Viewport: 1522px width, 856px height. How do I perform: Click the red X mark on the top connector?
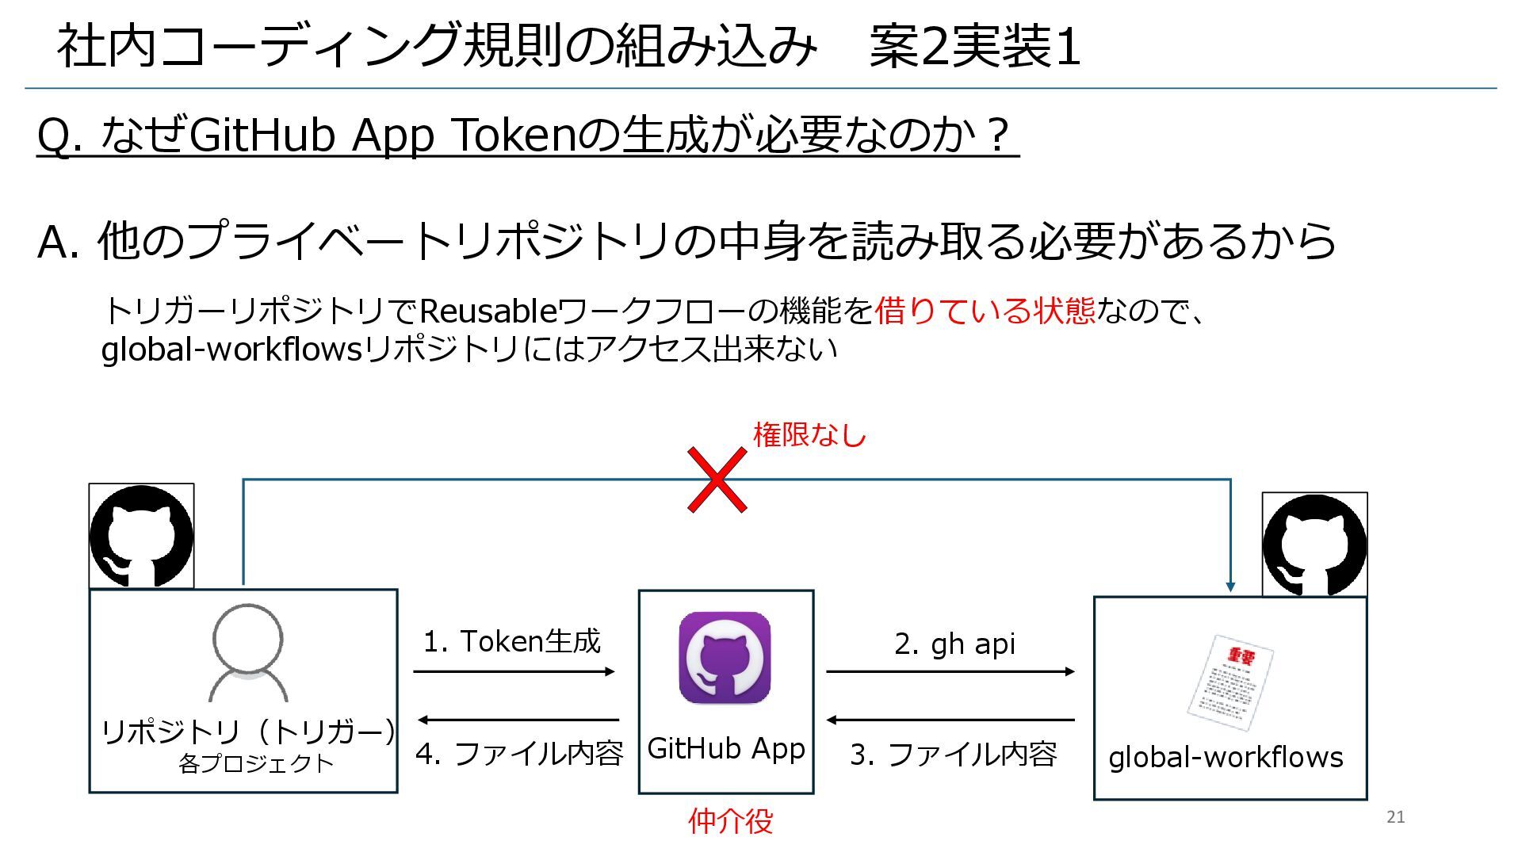[717, 480]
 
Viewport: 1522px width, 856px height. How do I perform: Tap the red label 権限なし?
[809, 435]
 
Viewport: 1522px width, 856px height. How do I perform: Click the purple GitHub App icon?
[725, 658]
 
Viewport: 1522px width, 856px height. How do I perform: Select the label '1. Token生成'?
[512, 641]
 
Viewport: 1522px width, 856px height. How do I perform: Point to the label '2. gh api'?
[954, 644]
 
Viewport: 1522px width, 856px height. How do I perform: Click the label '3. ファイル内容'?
[954, 755]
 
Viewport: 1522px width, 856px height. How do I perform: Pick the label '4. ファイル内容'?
[519, 753]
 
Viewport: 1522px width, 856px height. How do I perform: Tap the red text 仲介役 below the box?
[730, 821]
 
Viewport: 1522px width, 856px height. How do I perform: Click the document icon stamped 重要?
[1229, 682]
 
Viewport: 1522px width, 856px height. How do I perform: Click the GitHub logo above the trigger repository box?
[142, 536]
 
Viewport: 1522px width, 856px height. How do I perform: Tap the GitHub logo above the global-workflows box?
[1314, 545]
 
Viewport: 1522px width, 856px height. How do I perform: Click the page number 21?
[1396, 817]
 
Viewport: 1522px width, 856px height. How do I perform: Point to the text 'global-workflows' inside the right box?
[1226, 758]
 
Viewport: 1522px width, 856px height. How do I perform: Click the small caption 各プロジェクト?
[256, 763]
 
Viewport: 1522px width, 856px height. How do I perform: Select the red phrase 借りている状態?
[985, 311]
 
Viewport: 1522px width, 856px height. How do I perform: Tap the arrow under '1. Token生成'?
[514, 672]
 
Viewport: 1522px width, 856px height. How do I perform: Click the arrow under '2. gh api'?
[950, 672]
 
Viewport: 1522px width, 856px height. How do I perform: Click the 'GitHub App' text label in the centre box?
[726, 748]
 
